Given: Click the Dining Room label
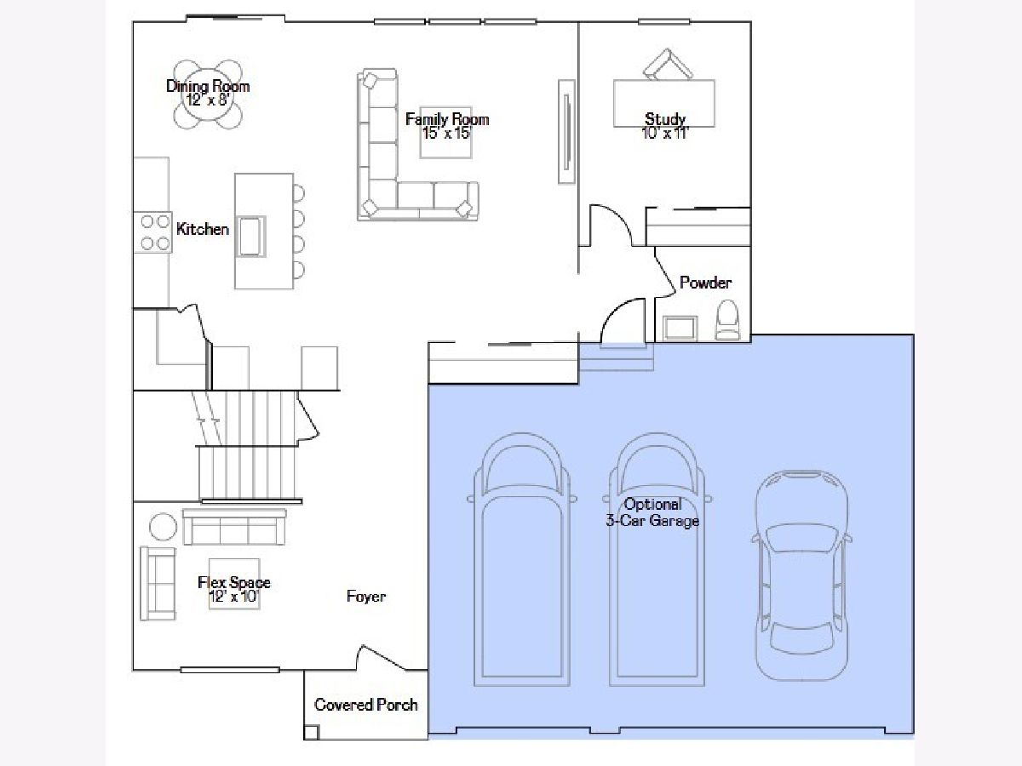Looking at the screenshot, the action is point(208,86).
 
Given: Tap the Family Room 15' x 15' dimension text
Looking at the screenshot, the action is point(447,134).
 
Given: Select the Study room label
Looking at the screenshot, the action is point(665,118).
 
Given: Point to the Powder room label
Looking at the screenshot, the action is point(705,283).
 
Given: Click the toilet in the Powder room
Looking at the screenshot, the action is point(727,319).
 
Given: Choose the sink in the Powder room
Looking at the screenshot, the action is point(680,329).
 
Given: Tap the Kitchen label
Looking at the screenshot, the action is point(203,229).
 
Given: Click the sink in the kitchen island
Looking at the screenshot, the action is point(251,237).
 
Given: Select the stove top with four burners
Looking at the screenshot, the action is point(152,232).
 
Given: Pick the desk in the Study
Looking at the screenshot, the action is point(664,103).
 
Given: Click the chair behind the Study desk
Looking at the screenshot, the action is point(667,64).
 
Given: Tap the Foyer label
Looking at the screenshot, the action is point(366,597).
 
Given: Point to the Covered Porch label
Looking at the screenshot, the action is point(366,705).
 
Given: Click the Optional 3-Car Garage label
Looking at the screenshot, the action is point(652,512).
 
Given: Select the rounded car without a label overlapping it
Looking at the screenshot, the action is point(801,576).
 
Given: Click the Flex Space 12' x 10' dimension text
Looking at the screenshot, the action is point(233,597).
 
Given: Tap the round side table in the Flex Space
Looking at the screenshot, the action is point(163,527).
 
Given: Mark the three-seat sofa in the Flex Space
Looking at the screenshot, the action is point(234,527).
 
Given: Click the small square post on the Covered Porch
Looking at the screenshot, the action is point(311,732).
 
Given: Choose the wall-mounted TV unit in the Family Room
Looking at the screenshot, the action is point(566,132).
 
